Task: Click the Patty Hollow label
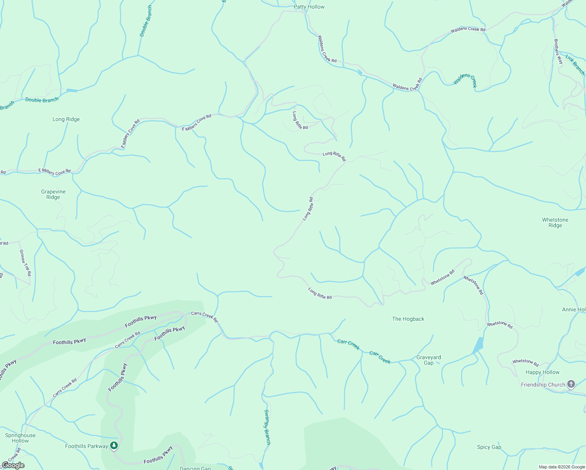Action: pos(309,7)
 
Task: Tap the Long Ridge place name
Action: pos(66,119)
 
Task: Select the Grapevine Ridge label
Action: pos(53,194)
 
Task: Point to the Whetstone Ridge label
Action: pos(555,222)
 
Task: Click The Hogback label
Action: pos(408,319)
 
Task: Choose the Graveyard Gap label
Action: pos(429,360)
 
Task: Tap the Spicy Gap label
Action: pos(489,447)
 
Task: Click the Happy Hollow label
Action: pos(543,372)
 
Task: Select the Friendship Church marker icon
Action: pos(571,384)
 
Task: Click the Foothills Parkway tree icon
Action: pos(114,446)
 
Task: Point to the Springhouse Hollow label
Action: pos(20,438)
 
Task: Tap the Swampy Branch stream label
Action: pos(267,427)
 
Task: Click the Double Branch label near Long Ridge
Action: pos(42,100)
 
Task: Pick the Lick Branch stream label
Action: pos(575,65)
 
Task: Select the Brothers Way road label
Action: pos(558,51)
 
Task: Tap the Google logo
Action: pos(13,465)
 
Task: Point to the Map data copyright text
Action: pos(562,467)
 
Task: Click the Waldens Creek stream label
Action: pos(465,80)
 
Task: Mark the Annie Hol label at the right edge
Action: pos(574,309)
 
